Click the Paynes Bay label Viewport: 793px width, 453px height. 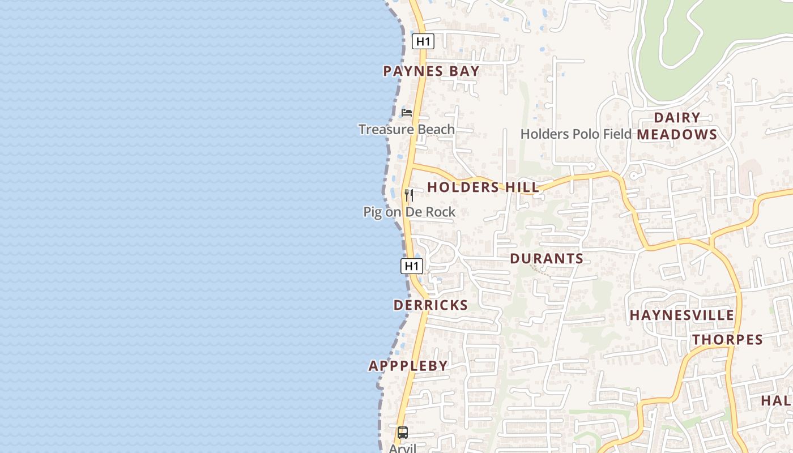coord(431,71)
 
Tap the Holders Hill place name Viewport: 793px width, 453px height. coord(483,187)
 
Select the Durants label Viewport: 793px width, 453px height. coord(547,259)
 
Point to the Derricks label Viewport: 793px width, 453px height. coord(430,305)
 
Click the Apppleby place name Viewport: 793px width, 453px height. coord(408,366)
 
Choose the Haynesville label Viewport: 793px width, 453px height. coord(681,315)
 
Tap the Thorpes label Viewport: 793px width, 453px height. coord(728,340)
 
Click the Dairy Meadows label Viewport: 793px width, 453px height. coord(677,126)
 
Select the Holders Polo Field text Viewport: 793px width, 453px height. coord(575,134)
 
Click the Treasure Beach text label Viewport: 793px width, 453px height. coord(406,129)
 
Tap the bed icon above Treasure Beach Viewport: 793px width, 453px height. coord(407,112)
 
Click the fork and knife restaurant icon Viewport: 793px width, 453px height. coord(408,195)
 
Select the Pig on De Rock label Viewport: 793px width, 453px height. coord(409,212)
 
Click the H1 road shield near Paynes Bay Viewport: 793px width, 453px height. coord(423,41)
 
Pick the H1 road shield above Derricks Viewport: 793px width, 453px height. coord(411,266)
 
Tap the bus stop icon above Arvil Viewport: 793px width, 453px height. coord(402,433)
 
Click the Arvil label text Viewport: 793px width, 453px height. coord(402,448)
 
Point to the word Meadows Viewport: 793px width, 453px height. coord(677,135)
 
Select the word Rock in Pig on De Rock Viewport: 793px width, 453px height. coord(440,212)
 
